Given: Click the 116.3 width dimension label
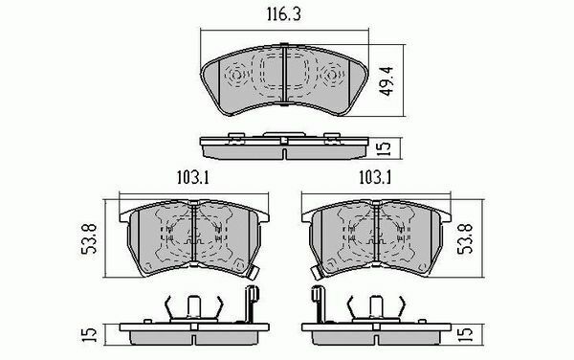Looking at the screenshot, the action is [284, 14].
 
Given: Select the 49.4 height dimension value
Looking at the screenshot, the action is [386, 81].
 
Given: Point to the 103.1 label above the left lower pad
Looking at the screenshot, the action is [192, 178].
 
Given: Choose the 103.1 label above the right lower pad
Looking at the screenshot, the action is [375, 178].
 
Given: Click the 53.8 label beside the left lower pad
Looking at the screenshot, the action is [89, 238].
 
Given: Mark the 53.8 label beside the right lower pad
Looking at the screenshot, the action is [466, 238].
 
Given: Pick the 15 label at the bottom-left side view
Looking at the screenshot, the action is [90, 334].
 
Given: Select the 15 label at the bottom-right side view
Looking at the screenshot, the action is [466, 334].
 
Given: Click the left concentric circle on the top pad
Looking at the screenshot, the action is [236, 76].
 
